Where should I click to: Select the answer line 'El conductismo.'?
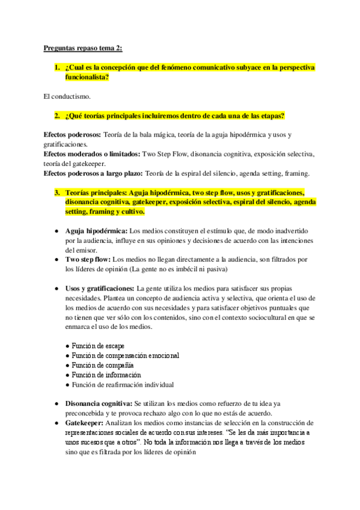pyautogui.click(x=67, y=96)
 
